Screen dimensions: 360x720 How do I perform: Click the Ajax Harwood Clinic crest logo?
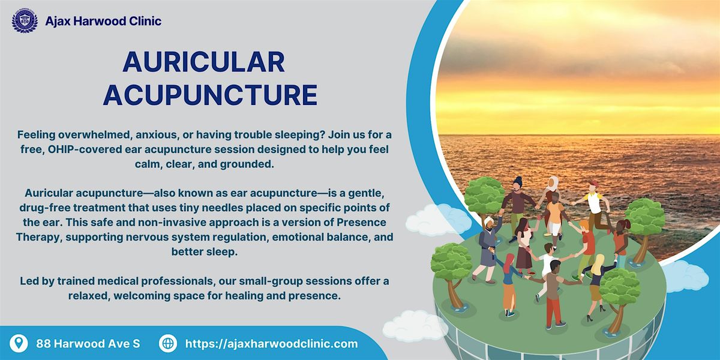(x=25, y=21)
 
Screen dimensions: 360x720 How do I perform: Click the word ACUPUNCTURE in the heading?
(x=210, y=95)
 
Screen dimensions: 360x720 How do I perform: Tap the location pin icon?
(x=20, y=343)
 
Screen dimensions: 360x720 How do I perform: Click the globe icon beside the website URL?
(x=168, y=343)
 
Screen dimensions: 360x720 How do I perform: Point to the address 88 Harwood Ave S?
(x=88, y=344)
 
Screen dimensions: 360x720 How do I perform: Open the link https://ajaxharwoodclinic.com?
(x=271, y=344)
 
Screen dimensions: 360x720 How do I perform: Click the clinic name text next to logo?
(x=103, y=21)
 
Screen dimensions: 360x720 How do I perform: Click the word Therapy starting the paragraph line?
(x=44, y=237)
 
